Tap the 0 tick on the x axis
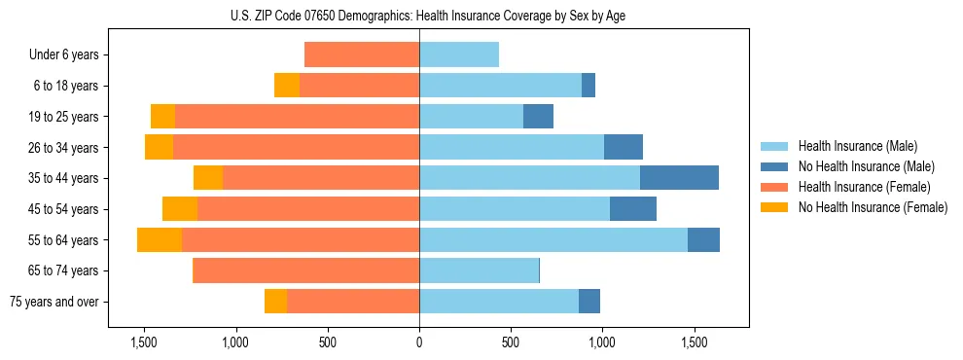pos(419,342)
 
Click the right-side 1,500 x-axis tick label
pos(694,342)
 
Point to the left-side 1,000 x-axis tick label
pos(235,342)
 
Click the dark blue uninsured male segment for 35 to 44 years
pos(679,178)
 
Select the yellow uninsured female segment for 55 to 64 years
pos(160,239)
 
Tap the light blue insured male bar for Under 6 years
pos(459,55)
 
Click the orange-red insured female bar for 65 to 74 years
pos(306,270)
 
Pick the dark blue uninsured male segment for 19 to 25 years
pos(538,117)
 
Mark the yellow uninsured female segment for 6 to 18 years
pos(287,86)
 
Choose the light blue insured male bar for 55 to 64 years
pos(553,239)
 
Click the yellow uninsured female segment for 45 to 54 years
pos(180,209)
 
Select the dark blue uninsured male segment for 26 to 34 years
pos(624,147)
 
